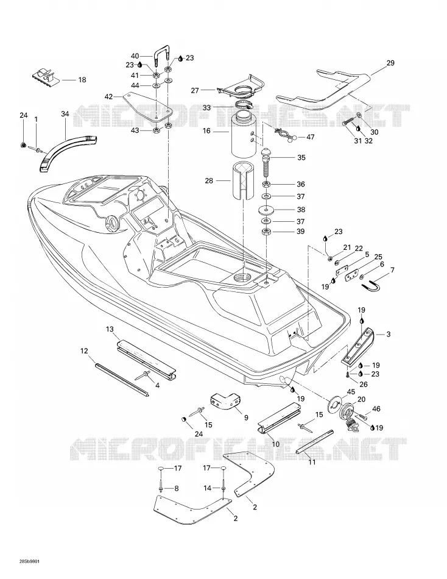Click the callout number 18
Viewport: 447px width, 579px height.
[x=82, y=80]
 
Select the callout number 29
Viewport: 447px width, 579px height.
[x=390, y=63]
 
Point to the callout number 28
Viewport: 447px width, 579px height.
[x=209, y=181]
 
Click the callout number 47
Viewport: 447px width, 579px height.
[x=311, y=137]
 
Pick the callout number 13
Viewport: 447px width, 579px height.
[x=110, y=329]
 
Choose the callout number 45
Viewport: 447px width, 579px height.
[x=351, y=392]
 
